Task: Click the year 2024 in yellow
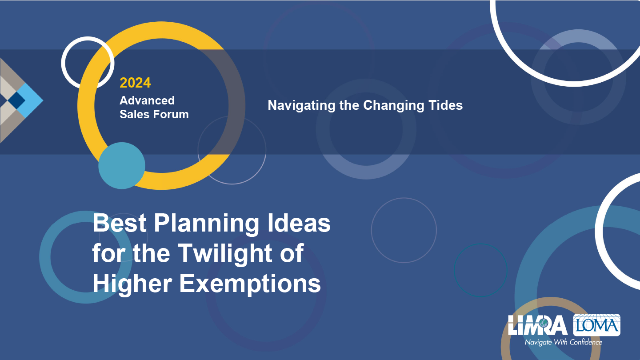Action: point(135,83)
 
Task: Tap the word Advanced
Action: point(147,100)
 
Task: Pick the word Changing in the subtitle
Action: point(394,106)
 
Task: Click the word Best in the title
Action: point(120,223)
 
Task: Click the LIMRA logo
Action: point(538,325)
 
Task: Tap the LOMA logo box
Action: point(596,325)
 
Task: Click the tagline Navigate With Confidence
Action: point(564,342)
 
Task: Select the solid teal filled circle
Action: point(122,166)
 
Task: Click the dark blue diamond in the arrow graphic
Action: point(16,100)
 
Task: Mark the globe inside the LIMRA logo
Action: point(544,323)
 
